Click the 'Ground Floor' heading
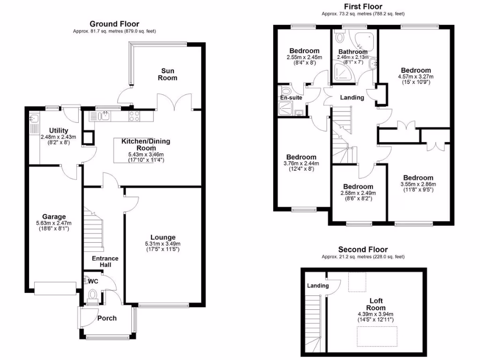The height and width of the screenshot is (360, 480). point(114,24)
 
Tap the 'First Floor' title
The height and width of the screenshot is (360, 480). point(363,7)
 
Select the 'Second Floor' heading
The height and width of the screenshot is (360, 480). point(363,249)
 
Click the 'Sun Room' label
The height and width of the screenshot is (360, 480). point(167,74)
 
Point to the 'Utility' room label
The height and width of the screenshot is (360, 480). point(59,130)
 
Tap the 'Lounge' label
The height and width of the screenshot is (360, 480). point(163,237)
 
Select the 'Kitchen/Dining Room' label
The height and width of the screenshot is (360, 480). point(146,144)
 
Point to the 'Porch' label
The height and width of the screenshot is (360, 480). point(107,318)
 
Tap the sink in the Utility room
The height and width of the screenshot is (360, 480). point(34,120)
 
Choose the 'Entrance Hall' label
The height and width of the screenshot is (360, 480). point(105,262)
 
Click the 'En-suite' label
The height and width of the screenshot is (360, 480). point(290,98)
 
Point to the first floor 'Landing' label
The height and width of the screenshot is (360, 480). point(352,97)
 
